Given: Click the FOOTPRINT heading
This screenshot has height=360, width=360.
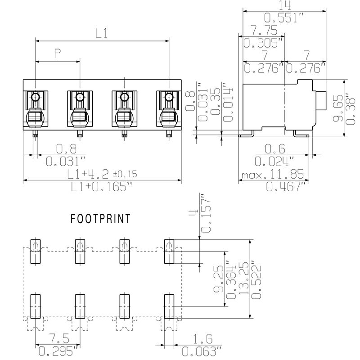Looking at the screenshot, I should tap(101, 219).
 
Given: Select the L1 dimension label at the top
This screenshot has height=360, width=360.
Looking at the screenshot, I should tap(102, 33).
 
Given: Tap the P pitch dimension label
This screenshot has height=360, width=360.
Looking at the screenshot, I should tap(57, 54).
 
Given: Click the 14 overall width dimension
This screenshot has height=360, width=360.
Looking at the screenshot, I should tap(284, 5).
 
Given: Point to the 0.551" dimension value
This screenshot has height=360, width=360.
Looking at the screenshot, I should tap(284, 18).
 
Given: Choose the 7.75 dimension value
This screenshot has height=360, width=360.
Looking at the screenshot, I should tap(263, 30).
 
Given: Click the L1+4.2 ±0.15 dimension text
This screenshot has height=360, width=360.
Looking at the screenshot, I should tap(102, 174).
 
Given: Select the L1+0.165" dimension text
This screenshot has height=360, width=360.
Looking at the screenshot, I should tap(102, 186).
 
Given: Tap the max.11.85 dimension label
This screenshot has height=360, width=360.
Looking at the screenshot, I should tap(272, 174).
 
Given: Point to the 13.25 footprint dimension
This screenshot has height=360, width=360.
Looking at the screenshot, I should tap(243, 279).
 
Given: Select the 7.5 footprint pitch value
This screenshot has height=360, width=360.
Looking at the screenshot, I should tap(57, 338).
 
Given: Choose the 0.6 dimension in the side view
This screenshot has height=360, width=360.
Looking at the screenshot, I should tap(274, 148).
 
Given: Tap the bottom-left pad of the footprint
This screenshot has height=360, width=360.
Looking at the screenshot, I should tap(35, 306).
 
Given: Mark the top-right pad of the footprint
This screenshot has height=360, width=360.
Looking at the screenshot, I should tap(168, 251).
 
